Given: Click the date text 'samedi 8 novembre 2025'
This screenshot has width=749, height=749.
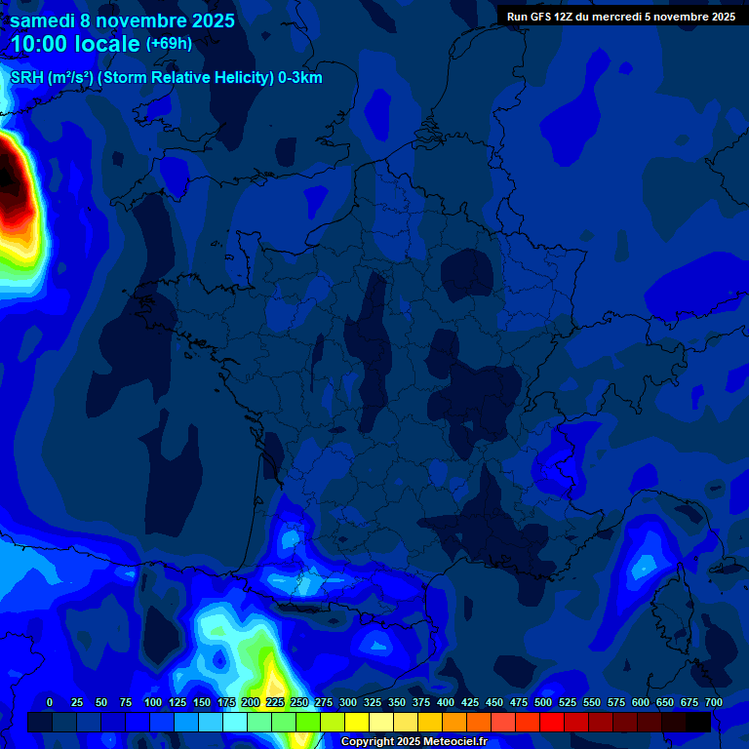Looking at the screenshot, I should (122, 20).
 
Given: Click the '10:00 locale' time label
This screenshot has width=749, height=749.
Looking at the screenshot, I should (76, 45).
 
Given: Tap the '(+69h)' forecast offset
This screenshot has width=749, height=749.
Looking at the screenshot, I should (169, 44).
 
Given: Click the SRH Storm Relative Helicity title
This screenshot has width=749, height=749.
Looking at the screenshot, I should (166, 78).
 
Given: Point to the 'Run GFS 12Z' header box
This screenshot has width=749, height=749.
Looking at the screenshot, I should (621, 17).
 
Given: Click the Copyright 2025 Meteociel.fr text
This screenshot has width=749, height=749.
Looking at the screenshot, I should (414, 741).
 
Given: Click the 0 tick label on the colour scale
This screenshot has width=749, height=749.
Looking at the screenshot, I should (50, 702).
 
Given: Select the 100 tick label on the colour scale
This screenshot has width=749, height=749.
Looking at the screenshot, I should (153, 702).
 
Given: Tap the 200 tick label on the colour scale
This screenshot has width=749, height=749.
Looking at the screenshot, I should (251, 702).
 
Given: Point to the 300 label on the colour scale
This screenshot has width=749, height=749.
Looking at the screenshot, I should (348, 702).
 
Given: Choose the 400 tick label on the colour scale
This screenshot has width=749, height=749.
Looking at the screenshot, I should (446, 702).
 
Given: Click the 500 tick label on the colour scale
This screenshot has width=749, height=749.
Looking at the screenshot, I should (543, 702).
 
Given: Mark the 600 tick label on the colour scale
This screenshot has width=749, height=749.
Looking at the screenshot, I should (641, 702).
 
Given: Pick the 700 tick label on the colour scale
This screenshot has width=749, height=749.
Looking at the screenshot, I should (714, 702).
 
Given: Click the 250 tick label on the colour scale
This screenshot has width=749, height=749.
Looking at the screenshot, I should (299, 702).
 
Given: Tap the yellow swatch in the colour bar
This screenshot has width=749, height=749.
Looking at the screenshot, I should (357, 722).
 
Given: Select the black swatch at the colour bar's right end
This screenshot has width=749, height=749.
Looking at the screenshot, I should (698, 722).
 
